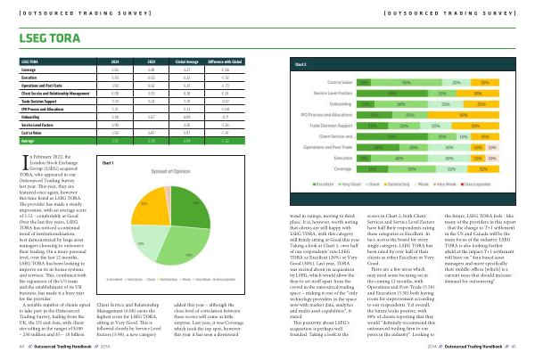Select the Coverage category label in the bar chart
[x=350, y=167]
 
